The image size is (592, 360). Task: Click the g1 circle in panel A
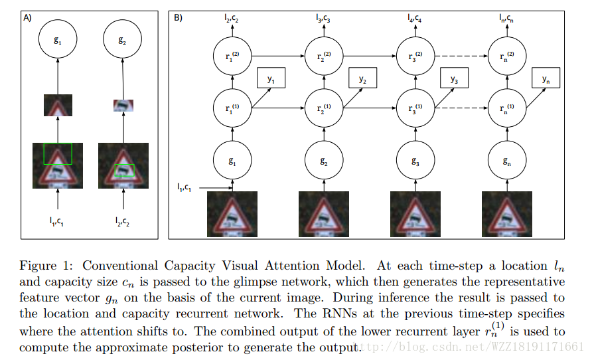58,40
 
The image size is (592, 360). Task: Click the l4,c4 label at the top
413,19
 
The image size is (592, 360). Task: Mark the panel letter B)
178,18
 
